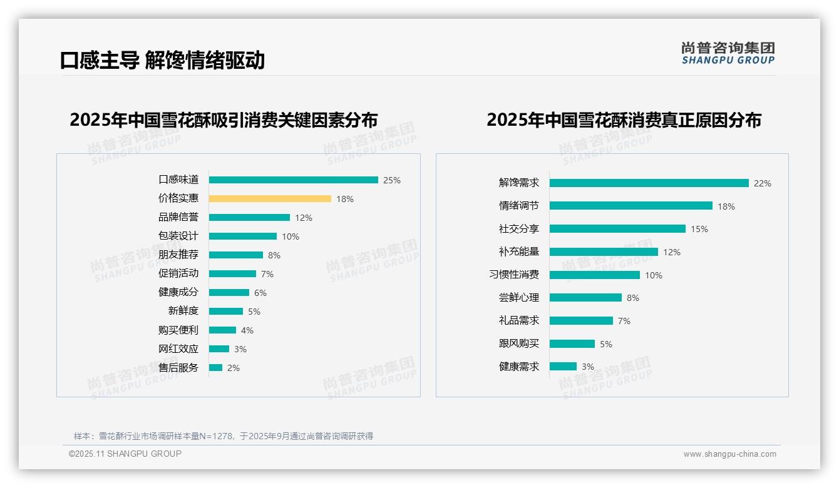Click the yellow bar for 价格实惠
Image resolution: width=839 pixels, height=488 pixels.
tap(270, 199)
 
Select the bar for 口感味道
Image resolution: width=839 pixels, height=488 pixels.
tap(293, 180)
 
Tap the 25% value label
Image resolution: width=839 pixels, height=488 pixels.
tap(392, 180)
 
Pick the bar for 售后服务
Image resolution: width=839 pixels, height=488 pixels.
tap(215, 368)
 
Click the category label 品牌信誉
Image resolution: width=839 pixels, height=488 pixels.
tap(178, 218)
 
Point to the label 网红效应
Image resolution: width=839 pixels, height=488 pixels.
tap(178, 349)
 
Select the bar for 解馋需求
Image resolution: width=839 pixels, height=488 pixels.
tap(649, 183)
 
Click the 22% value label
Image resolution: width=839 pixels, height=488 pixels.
tap(763, 183)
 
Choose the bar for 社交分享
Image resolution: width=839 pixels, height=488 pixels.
tap(617, 229)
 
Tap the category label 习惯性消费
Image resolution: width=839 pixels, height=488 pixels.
tap(513, 275)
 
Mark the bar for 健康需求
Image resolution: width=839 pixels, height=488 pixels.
tap(563, 367)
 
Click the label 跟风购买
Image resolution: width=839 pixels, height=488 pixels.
tap(518, 343)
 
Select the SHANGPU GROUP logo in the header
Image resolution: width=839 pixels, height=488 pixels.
tap(728, 53)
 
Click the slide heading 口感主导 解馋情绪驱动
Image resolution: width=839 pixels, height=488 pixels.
tap(162, 60)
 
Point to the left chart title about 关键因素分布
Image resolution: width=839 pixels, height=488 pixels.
tap(224, 119)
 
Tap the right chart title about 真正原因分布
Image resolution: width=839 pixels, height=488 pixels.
tap(624, 119)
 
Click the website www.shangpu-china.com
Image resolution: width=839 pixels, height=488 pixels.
tap(729, 454)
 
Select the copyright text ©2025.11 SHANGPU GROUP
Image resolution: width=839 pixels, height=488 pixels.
tap(125, 454)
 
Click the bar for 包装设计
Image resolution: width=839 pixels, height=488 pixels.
tap(243, 236)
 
